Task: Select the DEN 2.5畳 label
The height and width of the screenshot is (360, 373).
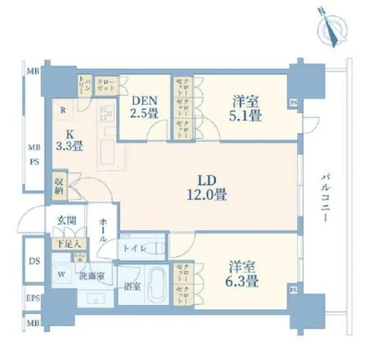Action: pos(143,106)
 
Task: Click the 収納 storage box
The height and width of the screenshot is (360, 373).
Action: pos(58,186)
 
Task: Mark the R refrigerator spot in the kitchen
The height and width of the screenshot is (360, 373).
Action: pos(64,111)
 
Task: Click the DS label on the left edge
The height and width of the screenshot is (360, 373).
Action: pos(34,260)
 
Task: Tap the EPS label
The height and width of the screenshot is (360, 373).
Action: pos(33,296)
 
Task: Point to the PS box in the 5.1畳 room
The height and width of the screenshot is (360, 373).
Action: pos(293,103)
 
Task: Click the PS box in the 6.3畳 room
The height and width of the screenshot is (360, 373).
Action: pos(293,290)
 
